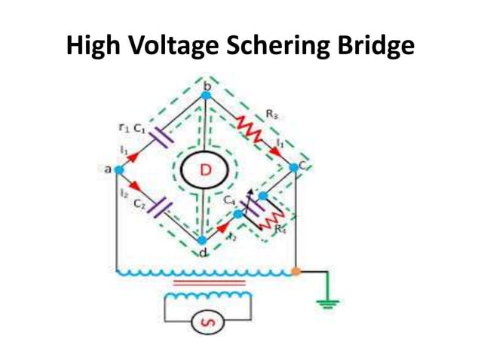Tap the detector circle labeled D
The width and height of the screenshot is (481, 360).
204,171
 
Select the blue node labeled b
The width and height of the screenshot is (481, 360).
206,96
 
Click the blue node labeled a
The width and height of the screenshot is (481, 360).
118,170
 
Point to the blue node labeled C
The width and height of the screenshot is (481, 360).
294,167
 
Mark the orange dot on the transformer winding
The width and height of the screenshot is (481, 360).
296,270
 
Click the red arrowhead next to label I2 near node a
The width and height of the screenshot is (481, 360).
136,185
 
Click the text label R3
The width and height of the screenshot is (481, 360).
271,114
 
